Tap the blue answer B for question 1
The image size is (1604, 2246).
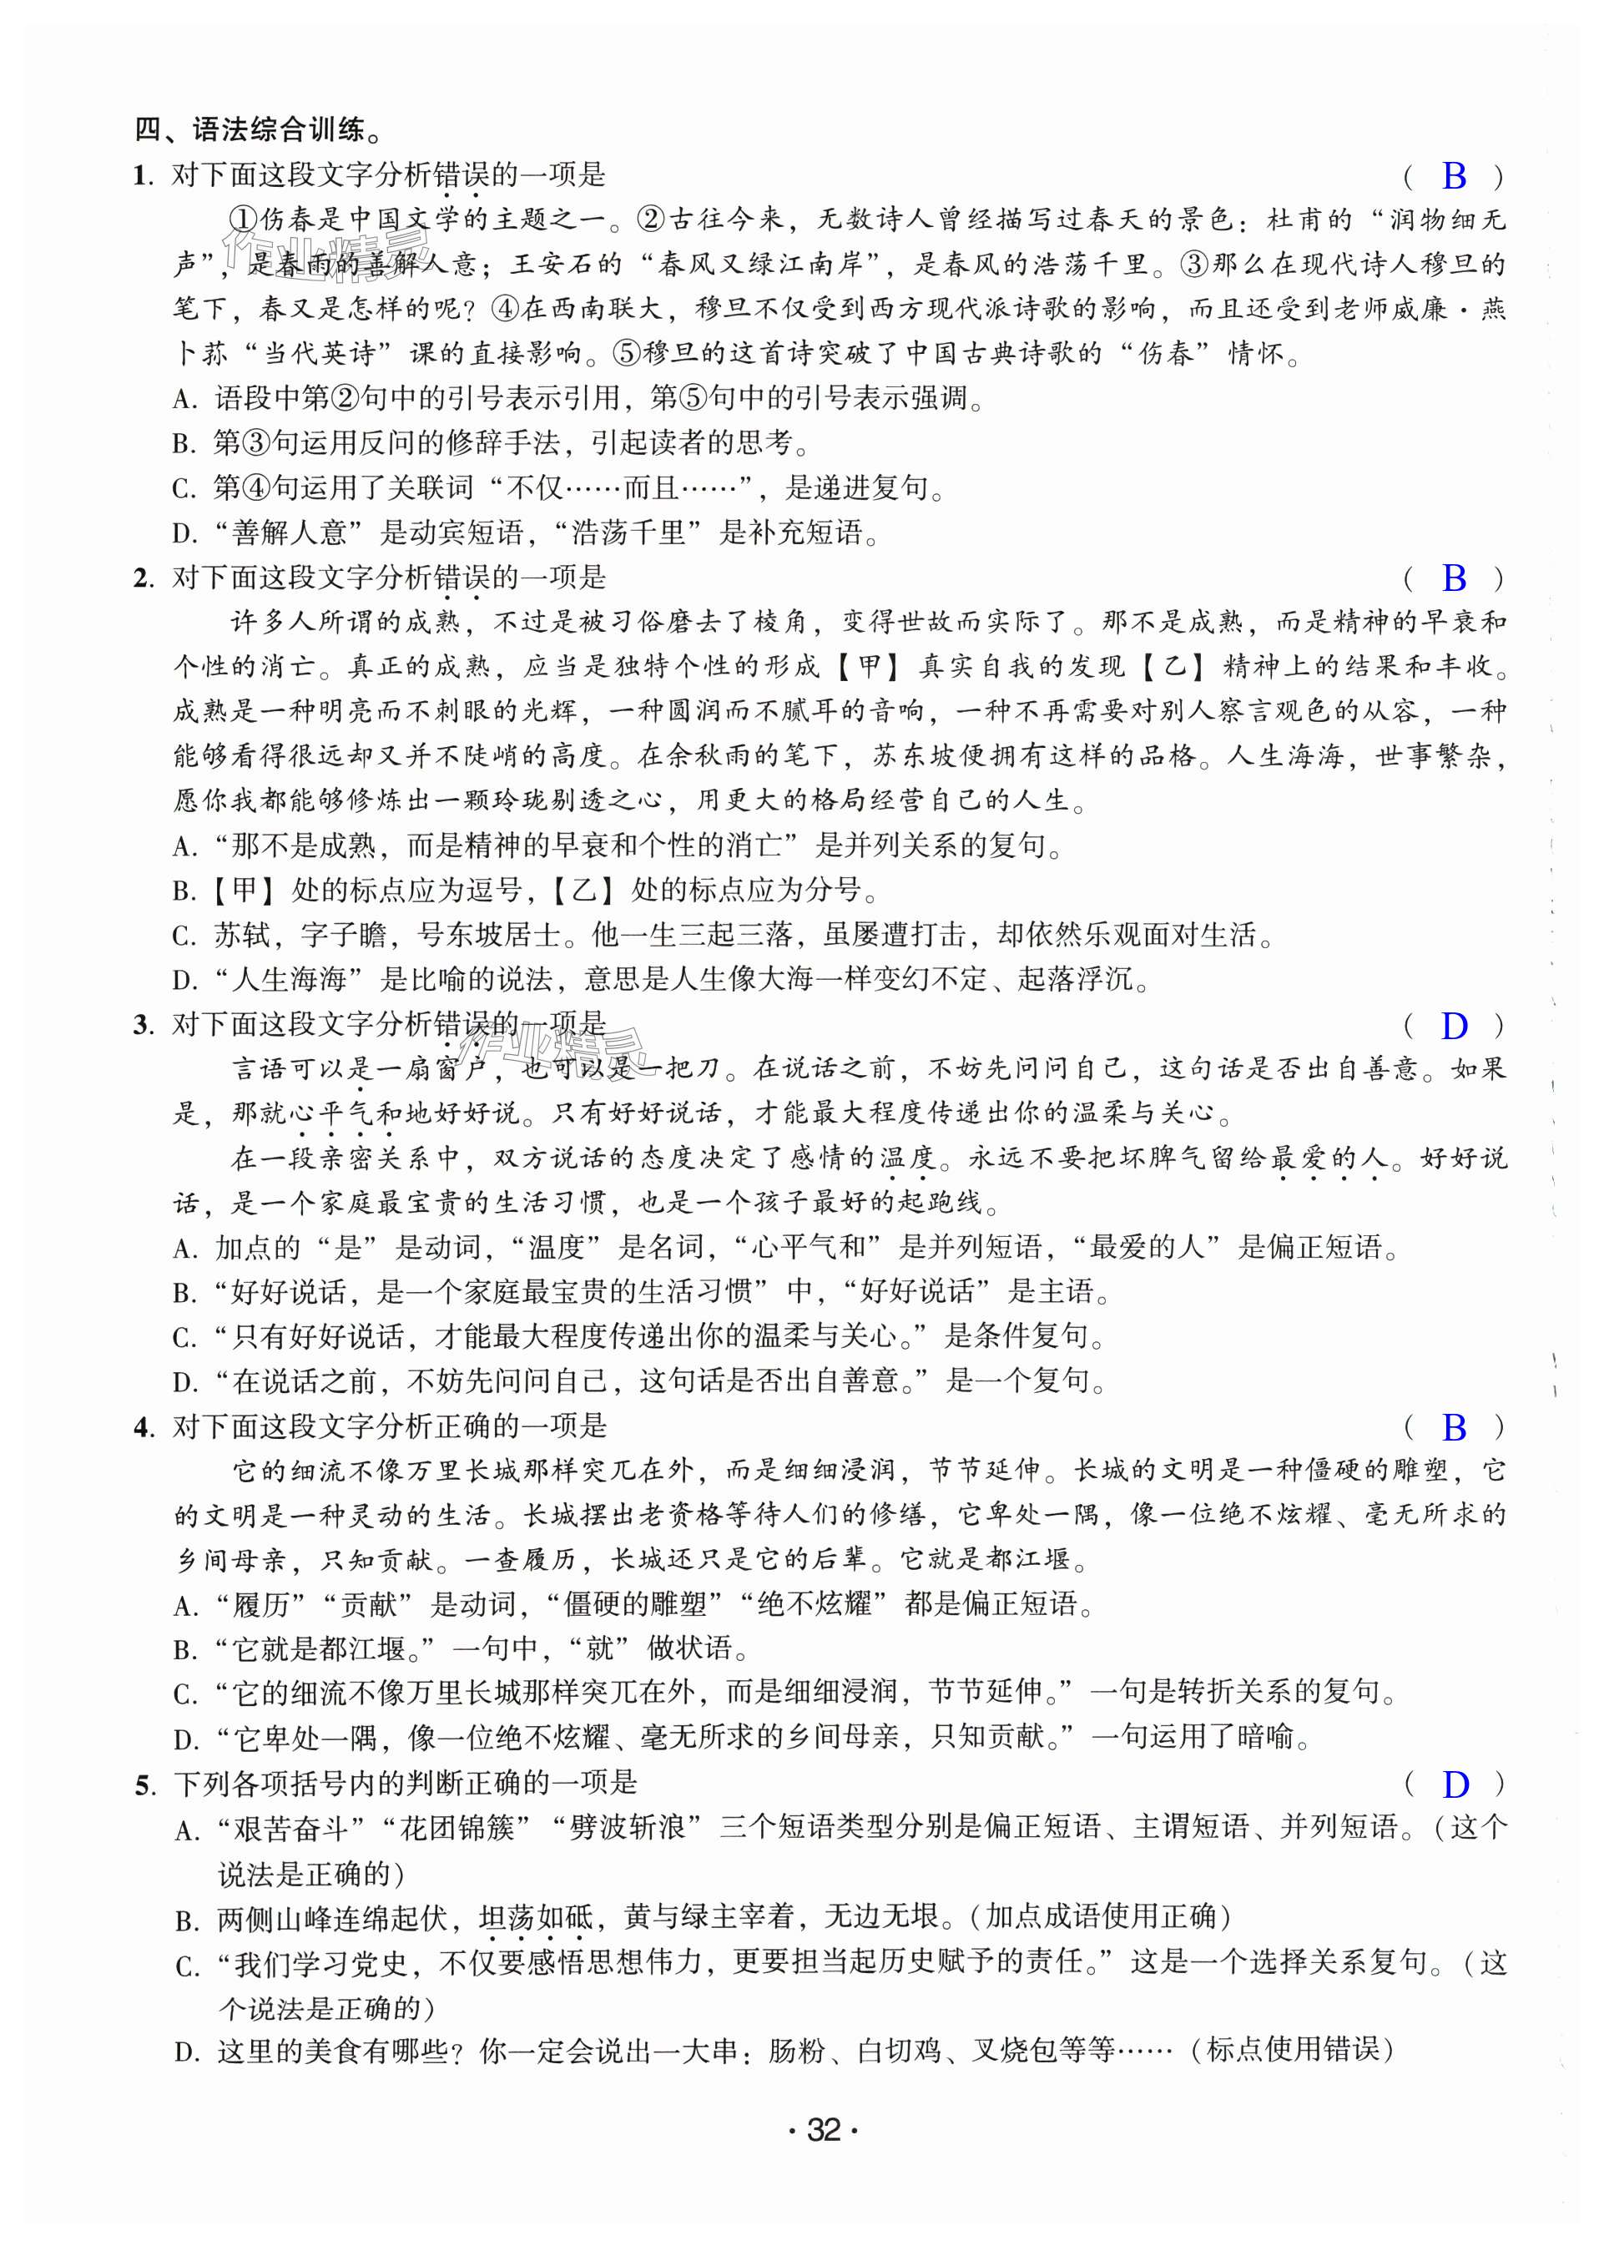1453,176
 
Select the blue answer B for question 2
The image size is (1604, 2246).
1453,578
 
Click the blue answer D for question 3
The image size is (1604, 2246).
1453,1027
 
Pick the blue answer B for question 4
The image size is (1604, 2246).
1453,1427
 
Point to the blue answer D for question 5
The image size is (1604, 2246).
1454,1784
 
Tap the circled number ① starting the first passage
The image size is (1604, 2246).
243,220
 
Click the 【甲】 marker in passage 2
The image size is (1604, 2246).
868,666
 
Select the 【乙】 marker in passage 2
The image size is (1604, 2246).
1173,666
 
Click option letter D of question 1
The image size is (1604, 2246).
183,534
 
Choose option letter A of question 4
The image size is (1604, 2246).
183,1606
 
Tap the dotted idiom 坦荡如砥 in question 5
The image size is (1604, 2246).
535,1917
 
